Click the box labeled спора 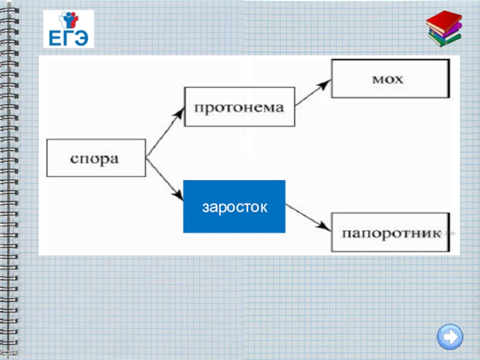point(96,158)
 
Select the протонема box point(239,107)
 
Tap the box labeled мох point(390,78)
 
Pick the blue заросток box point(234,206)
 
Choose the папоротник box point(390,232)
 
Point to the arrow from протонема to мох point(313,93)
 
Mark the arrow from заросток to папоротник point(308,218)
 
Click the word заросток point(234,207)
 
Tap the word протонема point(239,108)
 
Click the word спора point(95,159)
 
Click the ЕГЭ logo point(68,29)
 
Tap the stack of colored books point(444,29)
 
